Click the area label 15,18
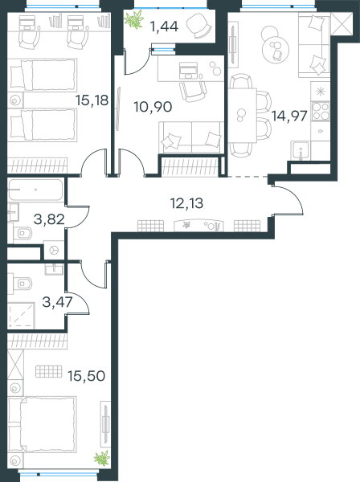(92, 100)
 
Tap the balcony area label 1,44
(164, 27)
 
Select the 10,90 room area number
(153, 107)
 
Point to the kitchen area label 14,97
(289, 116)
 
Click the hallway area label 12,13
(187, 203)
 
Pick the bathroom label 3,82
(49, 219)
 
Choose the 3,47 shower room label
(58, 302)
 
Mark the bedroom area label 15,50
(87, 376)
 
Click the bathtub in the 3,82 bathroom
(35, 190)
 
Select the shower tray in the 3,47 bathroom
(21, 316)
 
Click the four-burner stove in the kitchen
(321, 111)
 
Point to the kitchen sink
(300, 151)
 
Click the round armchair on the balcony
(199, 27)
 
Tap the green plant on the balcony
(134, 19)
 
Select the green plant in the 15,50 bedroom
(102, 459)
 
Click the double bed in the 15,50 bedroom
(42, 424)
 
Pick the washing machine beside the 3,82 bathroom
(54, 250)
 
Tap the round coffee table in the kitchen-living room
(276, 47)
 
